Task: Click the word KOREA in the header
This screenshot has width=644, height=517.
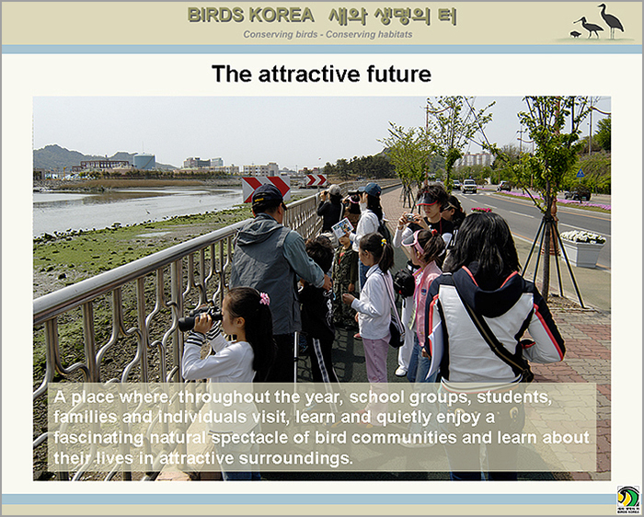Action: coord(282,16)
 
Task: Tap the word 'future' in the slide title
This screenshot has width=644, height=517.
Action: coord(398,74)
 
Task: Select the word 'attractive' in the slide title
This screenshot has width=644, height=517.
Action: coord(309,74)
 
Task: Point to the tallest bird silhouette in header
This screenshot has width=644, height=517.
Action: coord(611,20)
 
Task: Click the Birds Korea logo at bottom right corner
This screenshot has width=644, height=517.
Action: coord(628,500)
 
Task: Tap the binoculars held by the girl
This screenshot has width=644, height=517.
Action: coord(200,318)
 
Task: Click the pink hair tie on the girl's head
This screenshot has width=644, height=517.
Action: coord(265,298)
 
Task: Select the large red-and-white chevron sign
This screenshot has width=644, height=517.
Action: coord(266,189)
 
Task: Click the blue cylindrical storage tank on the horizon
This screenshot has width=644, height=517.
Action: coord(144,161)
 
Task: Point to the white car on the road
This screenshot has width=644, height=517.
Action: coord(469,186)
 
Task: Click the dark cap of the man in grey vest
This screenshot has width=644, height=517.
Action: coord(268,195)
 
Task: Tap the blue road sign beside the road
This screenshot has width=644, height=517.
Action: coord(581,173)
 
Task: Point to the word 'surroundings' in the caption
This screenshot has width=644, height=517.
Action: coord(295,458)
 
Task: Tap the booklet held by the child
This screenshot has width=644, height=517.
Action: coord(342,228)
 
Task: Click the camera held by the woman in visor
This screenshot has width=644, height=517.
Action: coord(409,217)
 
